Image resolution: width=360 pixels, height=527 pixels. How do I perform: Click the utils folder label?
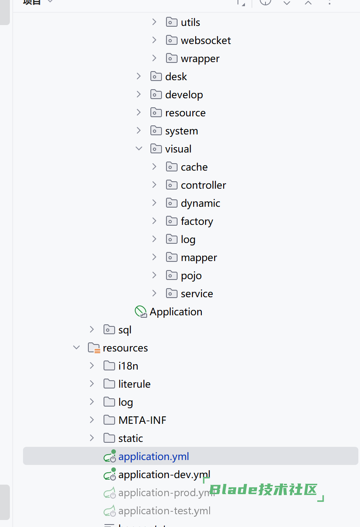pos(190,22)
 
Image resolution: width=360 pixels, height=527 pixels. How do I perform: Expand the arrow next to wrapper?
pos(154,58)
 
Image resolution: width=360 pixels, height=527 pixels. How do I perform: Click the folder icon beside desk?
pos(156,76)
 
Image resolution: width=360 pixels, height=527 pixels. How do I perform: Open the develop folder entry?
pos(184,95)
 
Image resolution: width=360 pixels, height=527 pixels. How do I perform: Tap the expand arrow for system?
pos(139,131)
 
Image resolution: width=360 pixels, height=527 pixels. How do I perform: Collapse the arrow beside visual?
pos(139,149)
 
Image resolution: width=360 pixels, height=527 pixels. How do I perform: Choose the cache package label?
pos(194,167)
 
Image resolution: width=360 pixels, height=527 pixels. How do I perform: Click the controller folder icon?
pos(172,185)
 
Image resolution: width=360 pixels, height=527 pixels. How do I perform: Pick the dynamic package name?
pos(200,203)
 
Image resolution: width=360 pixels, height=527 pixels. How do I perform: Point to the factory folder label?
pos(196,221)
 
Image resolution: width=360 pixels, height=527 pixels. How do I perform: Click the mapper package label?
pos(198,257)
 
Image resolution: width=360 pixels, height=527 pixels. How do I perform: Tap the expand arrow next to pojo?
pos(154,275)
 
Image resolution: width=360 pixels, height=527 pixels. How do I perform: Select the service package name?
pos(196,294)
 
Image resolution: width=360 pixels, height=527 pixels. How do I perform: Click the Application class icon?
pos(141,312)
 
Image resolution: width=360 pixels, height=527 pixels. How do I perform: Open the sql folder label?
pos(125,330)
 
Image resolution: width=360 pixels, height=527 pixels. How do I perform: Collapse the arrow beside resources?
pos(76,348)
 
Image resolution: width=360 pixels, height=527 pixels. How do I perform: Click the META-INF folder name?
pos(142,420)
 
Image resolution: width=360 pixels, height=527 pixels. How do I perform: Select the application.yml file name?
pos(154,456)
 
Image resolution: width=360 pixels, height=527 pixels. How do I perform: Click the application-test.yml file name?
pos(164,511)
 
